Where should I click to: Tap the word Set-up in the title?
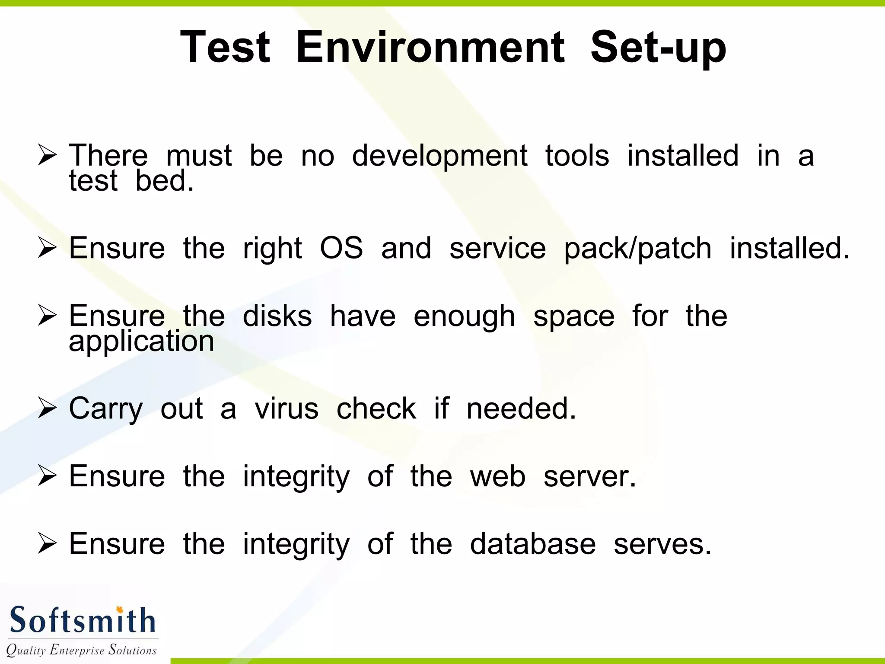click(x=658, y=48)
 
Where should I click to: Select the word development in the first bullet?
click(x=439, y=156)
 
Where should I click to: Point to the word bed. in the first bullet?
click(x=164, y=181)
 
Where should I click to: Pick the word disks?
click(x=277, y=316)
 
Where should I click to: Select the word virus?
click(x=287, y=409)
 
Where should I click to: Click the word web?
click(x=498, y=476)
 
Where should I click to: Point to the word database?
click(x=533, y=544)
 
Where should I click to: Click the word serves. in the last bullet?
click(x=662, y=545)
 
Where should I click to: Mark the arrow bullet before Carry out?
click(x=47, y=409)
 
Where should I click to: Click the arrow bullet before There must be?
click(x=47, y=156)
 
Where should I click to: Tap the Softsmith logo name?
click(x=82, y=620)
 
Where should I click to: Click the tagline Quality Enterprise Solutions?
click(x=81, y=650)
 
